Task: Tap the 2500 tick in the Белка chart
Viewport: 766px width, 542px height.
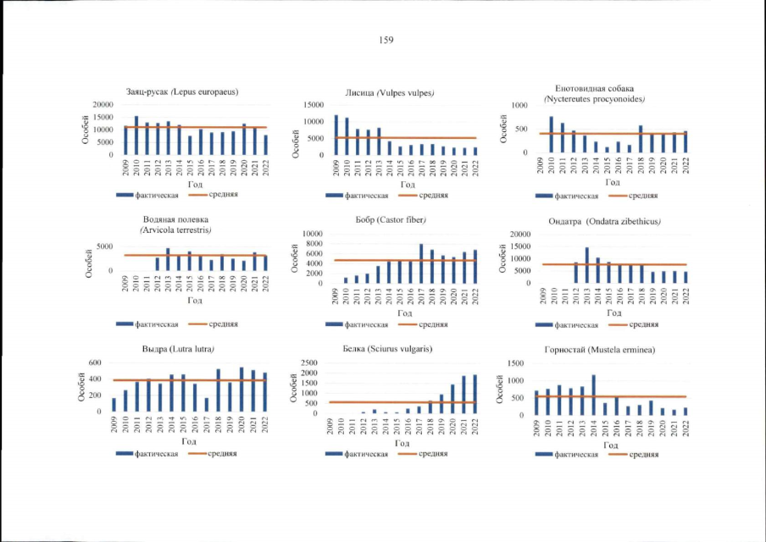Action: click(x=309, y=363)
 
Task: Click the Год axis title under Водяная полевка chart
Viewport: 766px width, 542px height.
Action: click(x=194, y=300)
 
